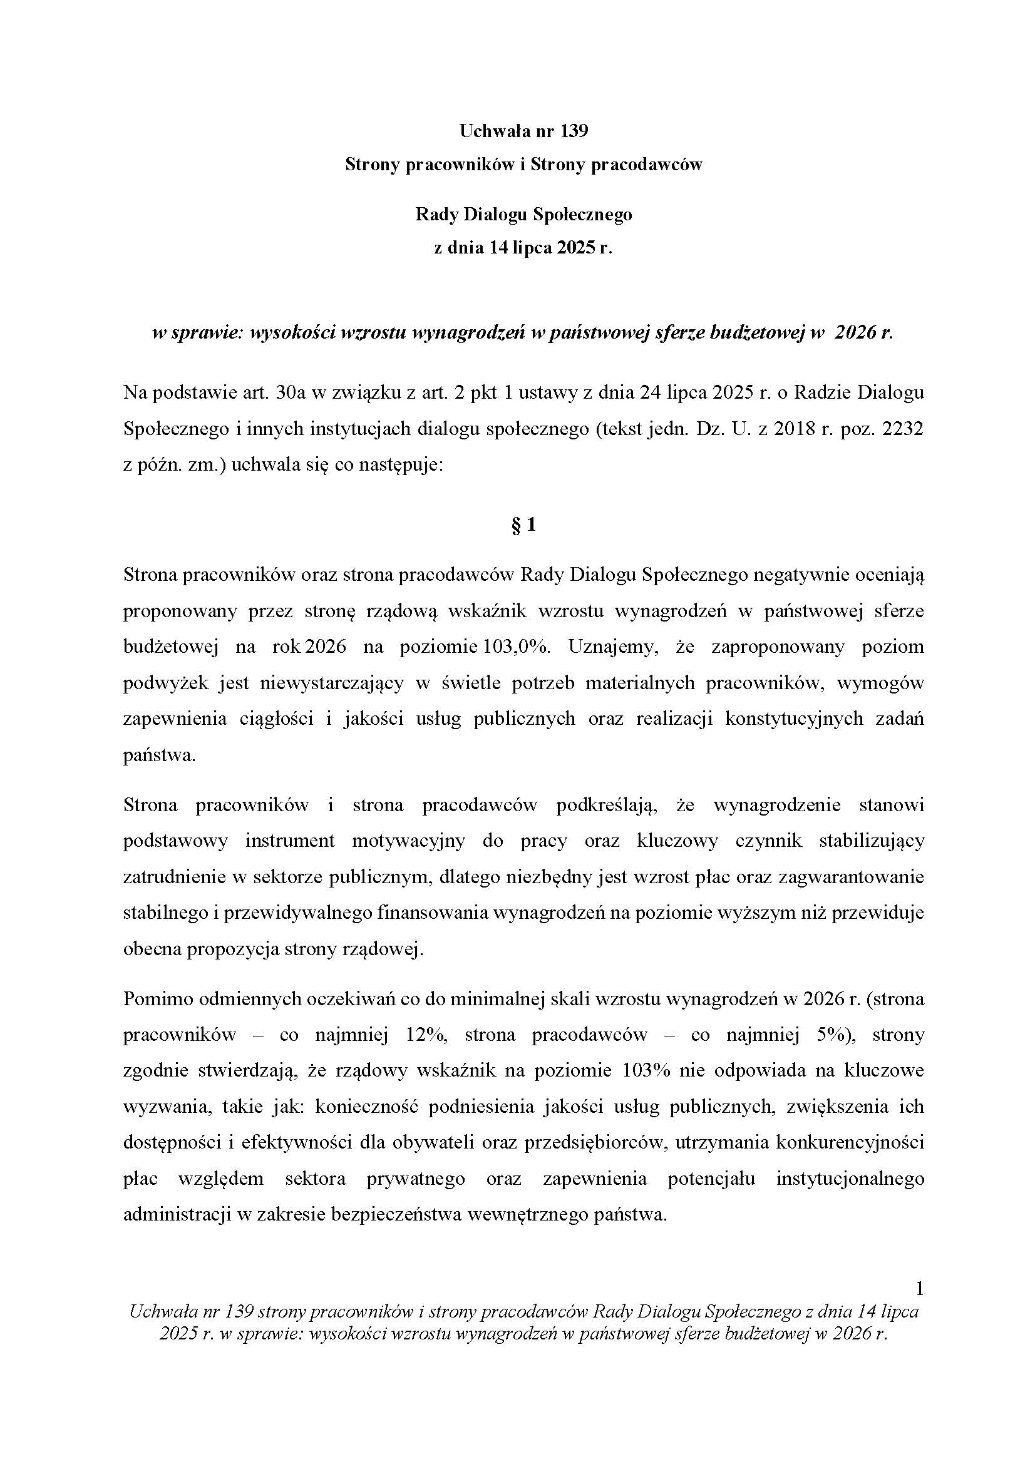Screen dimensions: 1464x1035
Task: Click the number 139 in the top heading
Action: (575, 131)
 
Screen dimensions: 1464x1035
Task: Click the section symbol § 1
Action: (523, 525)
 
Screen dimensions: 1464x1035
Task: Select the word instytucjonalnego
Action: (850, 1179)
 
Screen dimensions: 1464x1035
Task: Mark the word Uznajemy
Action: (612, 647)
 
